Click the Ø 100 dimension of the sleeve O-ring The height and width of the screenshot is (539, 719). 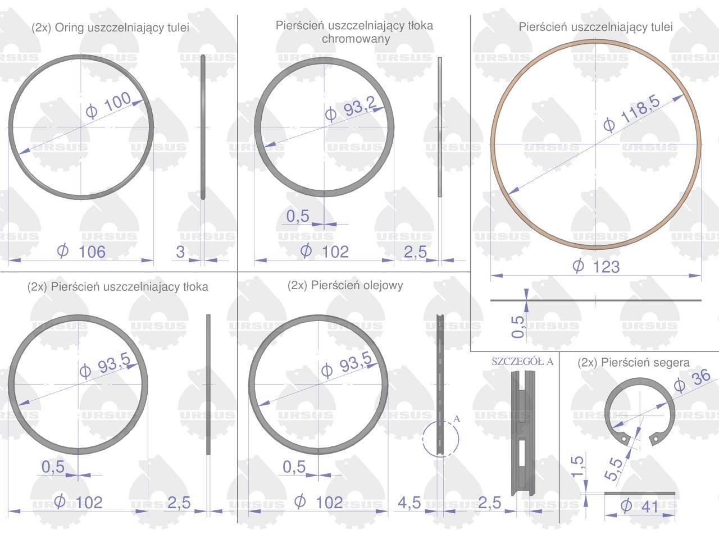click(x=108, y=105)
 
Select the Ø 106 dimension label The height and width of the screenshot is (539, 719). click(x=81, y=252)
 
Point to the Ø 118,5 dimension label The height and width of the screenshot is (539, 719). click(x=631, y=113)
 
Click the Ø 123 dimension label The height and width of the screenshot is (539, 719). click(x=596, y=266)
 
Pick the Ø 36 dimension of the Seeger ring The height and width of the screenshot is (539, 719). click(x=692, y=381)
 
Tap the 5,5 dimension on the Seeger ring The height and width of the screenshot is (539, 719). click(x=613, y=469)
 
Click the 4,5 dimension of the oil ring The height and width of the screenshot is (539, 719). click(x=409, y=503)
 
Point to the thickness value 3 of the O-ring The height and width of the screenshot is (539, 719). click(x=180, y=252)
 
